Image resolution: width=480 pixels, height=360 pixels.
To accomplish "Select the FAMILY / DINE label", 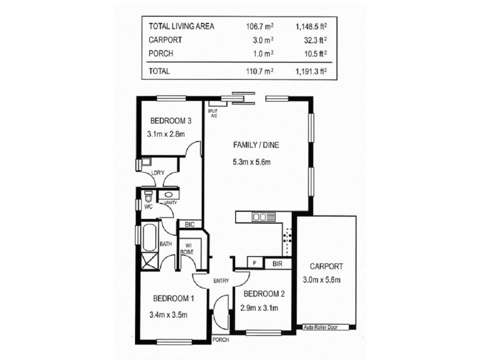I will tap(256, 145).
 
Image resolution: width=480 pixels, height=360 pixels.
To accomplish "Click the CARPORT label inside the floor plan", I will tap(326, 266).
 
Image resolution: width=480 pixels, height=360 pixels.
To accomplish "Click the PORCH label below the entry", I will tap(221, 340).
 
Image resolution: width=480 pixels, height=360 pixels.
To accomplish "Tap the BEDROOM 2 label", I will tap(263, 294).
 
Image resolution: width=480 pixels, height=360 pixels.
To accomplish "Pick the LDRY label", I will tap(158, 174).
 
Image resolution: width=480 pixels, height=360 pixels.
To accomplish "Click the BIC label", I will tap(190, 224).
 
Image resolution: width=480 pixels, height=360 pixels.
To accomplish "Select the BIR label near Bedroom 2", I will tap(277, 263).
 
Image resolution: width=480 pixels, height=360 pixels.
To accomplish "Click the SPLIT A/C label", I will tap(212, 113).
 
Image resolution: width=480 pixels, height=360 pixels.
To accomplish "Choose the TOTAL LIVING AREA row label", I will tap(181, 26).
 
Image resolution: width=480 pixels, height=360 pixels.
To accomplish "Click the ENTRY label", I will tap(221, 280).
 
